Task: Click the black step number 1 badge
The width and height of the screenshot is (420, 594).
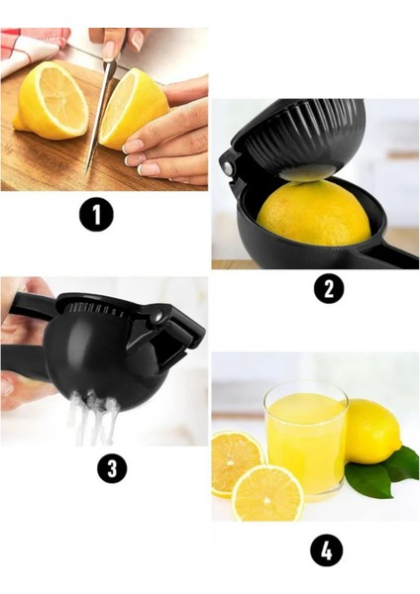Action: tap(96, 215)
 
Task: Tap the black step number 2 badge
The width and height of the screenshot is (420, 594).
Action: tap(329, 289)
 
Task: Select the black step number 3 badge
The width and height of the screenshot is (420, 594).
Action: tap(112, 467)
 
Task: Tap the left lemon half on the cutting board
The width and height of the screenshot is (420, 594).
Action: tap(51, 100)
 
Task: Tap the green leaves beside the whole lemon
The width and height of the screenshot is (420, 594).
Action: tap(382, 468)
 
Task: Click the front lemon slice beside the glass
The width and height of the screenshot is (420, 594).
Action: tap(267, 493)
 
